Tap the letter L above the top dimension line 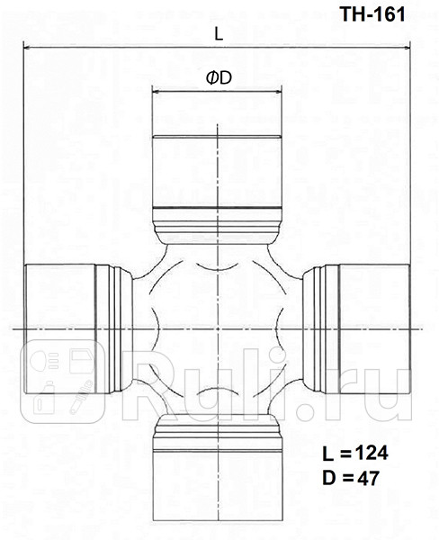tap(219, 33)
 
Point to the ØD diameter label tap(219, 78)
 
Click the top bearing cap tap(219, 171)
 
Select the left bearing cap tap(58, 328)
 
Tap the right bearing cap tap(369, 328)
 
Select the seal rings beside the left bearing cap tap(110, 328)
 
